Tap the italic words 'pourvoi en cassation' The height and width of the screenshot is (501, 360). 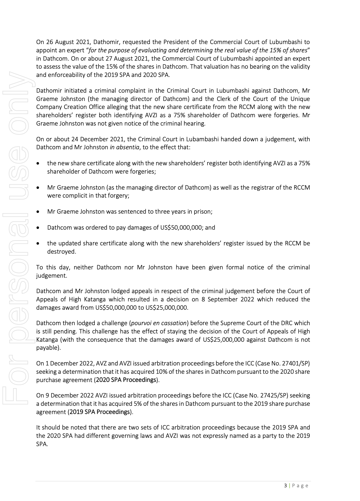159,323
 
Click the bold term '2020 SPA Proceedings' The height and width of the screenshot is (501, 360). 126,380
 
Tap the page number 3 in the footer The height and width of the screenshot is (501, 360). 285,486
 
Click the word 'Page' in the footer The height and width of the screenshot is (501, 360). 300,486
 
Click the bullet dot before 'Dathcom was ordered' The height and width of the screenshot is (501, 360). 38,228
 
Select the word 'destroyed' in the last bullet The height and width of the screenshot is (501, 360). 61,252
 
